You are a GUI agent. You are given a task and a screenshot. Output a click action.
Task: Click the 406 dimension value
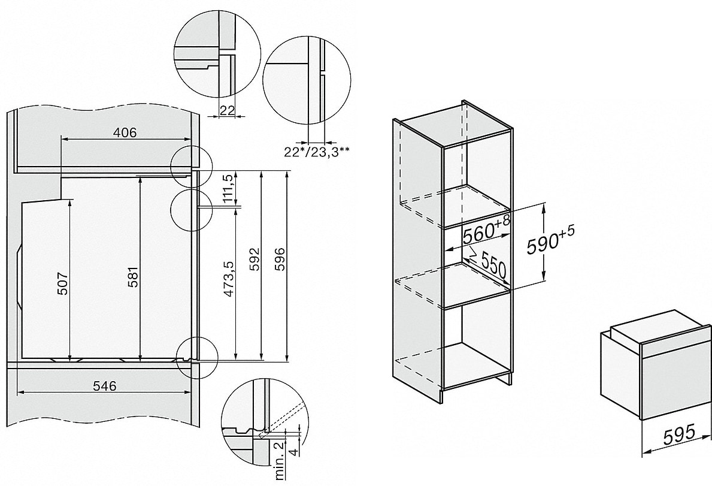coord(125,133)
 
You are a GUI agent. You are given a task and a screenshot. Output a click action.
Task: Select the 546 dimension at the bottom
coord(105,385)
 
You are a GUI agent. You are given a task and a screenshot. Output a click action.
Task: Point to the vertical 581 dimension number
coord(133,276)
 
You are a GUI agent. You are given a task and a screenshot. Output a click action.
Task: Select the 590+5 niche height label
coord(550,243)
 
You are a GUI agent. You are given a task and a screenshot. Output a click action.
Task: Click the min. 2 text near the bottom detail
coord(279,459)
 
